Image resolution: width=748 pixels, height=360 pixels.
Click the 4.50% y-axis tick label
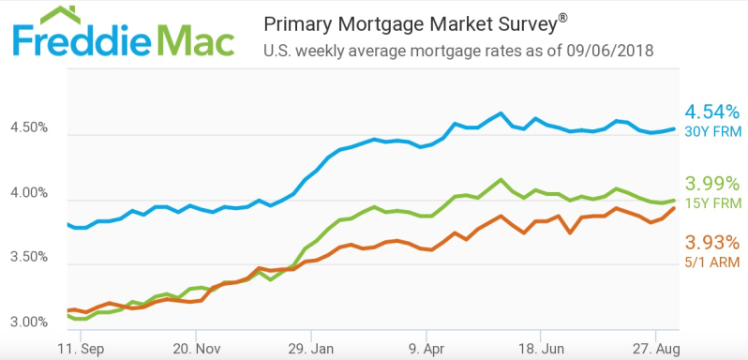pyautogui.click(x=30, y=128)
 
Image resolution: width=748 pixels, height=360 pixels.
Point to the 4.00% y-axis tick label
pyautogui.click(x=30, y=193)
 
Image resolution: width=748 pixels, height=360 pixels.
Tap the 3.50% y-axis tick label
pyautogui.click(x=30, y=258)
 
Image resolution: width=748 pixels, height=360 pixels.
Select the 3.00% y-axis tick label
pyautogui.click(x=30, y=322)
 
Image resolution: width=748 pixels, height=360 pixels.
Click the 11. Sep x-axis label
pyautogui.click(x=81, y=346)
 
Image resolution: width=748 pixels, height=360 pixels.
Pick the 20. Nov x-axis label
pyautogui.click(x=196, y=346)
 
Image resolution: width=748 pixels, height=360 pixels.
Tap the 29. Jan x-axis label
pyautogui.click(x=311, y=346)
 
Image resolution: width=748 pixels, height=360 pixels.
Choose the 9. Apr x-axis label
pyautogui.click(x=426, y=346)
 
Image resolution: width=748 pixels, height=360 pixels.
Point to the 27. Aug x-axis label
pyautogui.click(x=656, y=346)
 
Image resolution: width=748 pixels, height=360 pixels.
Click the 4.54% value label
pyautogui.click(x=711, y=112)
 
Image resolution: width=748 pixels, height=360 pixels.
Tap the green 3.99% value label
pyautogui.click(x=711, y=183)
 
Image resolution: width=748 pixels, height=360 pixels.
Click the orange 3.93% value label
pyautogui.click(x=711, y=242)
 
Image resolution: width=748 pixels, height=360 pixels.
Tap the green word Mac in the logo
pyautogui.click(x=192, y=42)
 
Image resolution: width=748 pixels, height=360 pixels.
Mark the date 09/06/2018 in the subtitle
pyautogui.click(x=609, y=51)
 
